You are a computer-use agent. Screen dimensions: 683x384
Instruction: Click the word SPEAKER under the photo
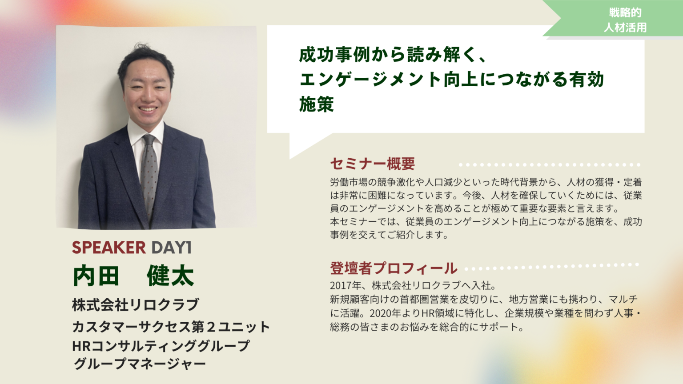pos(109,247)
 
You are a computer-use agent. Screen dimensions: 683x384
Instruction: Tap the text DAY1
pos(172,247)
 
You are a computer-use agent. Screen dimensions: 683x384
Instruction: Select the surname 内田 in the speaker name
pos(96,276)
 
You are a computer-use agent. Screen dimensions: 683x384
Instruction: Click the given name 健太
pos(170,276)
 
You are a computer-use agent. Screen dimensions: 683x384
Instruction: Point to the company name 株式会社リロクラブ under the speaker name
pos(136,304)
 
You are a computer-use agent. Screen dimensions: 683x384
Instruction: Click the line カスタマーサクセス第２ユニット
pos(171,326)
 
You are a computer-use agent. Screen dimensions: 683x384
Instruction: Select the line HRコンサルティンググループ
pos(161,346)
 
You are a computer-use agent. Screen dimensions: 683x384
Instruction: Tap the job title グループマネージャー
pos(140,364)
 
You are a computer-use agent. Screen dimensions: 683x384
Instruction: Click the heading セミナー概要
pos(372,164)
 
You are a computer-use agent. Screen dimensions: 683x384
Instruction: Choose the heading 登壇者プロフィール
pos(394,268)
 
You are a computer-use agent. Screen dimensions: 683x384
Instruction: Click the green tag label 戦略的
pos(625,12)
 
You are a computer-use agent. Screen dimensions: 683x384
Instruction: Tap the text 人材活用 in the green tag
pos(625,28)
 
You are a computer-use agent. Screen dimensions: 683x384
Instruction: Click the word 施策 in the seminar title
pos(317,104)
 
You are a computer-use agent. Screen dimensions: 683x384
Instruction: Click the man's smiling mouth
pos(148,109)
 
